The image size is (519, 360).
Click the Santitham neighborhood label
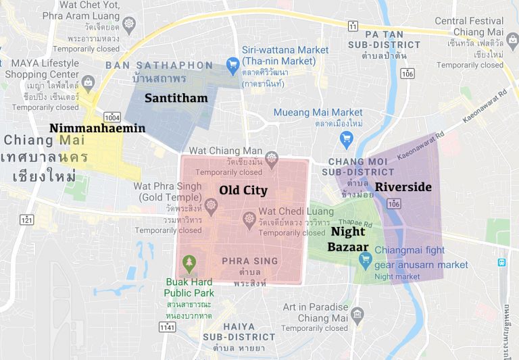coord(176,99)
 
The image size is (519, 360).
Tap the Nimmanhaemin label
coord(97,128)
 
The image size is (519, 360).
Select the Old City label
coord(243,190)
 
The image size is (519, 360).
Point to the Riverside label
coord(403,186)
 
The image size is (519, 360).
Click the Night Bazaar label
coord(348,239)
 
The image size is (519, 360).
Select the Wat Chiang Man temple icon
coord(272,159)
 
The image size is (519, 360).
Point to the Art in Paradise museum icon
coord(357,314)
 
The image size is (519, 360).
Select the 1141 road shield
coord(167,327)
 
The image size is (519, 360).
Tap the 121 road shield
coord(27,220)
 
